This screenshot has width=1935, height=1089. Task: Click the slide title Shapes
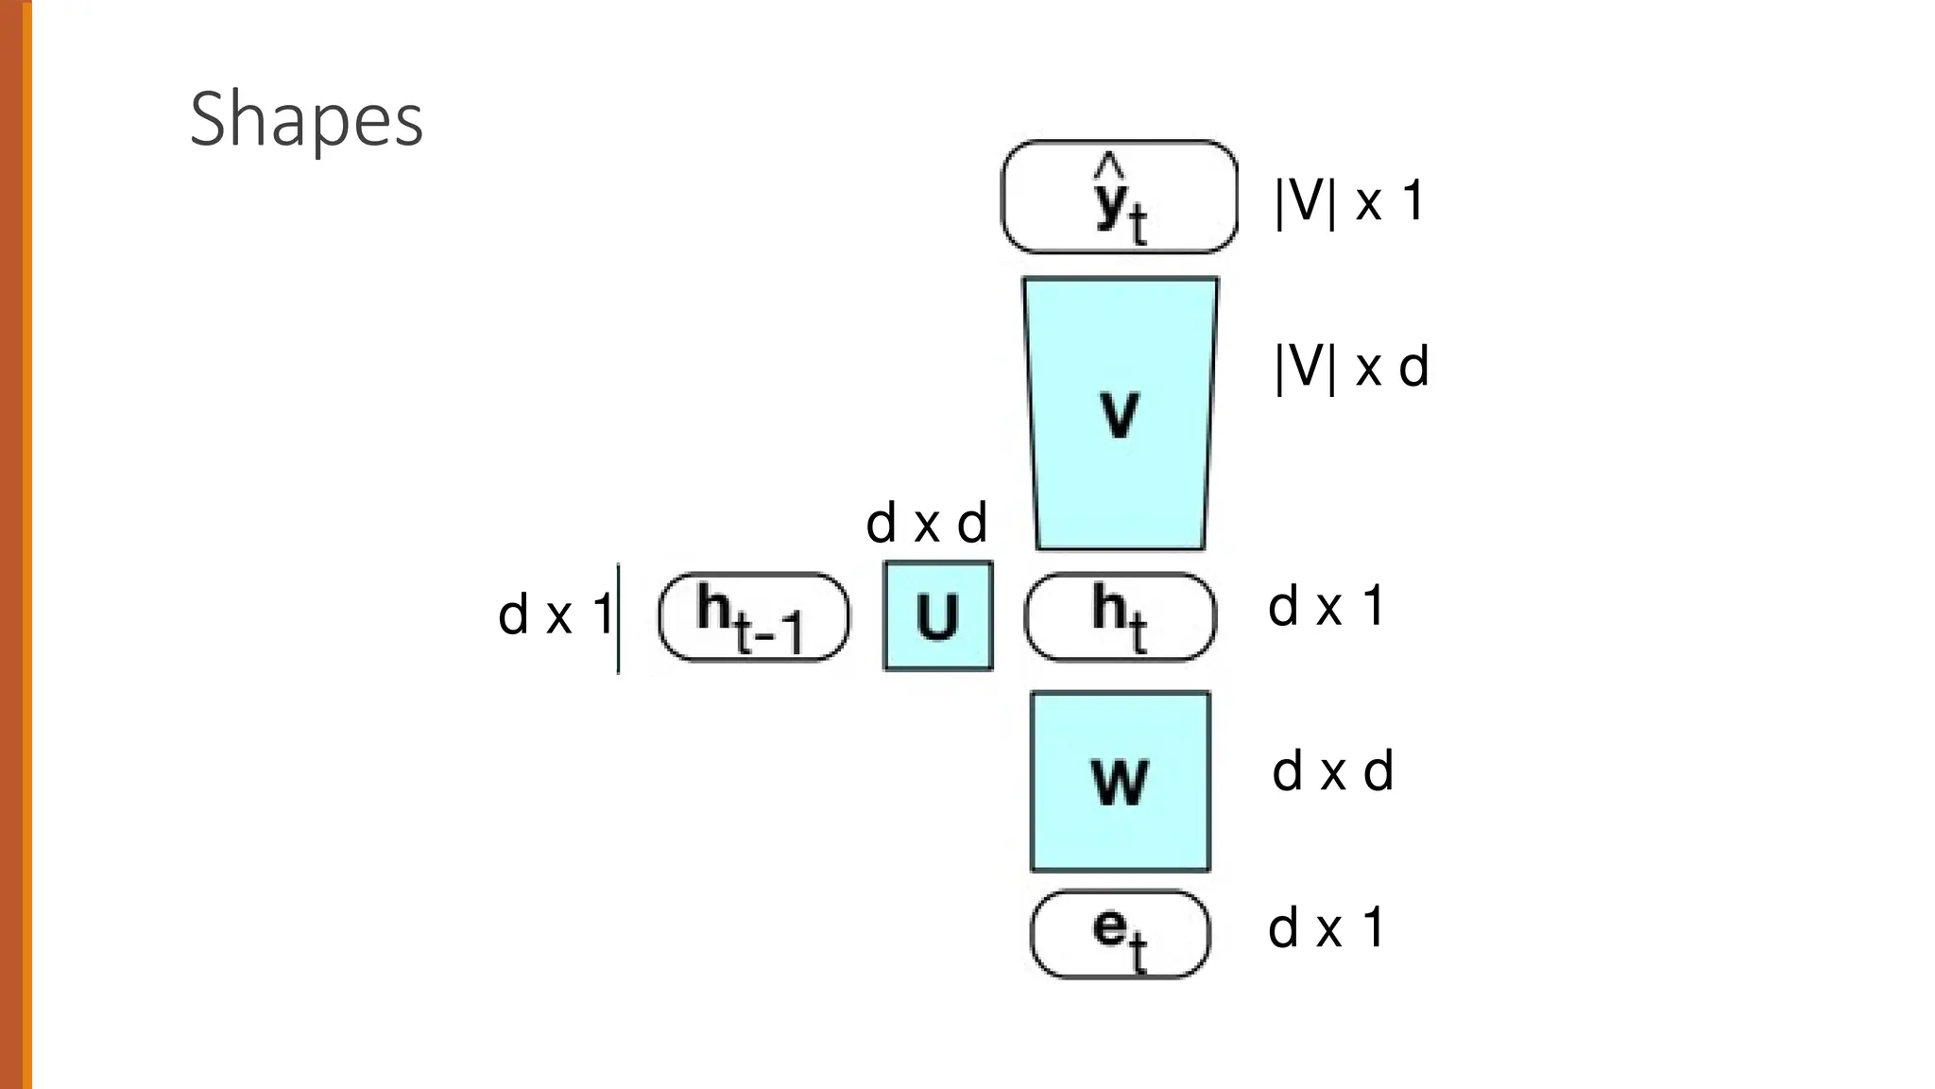pos(306,119)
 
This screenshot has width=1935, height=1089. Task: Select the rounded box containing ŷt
pos(1119,197)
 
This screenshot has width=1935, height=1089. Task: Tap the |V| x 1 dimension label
pos(1349,201)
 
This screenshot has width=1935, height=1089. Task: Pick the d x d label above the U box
pos(926,523)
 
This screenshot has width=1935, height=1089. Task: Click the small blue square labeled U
pos(938,616)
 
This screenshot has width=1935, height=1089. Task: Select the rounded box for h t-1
pos(754,617)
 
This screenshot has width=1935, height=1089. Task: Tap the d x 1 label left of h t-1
pos(555,615)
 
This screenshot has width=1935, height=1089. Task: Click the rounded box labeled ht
pos(1120,616)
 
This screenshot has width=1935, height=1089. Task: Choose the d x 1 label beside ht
pos(1326,606)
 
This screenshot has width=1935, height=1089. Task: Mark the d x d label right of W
pos(1332,771)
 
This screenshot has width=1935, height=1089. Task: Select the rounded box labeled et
pos(1120,934)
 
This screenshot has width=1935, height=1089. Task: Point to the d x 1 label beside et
pos(1326,927)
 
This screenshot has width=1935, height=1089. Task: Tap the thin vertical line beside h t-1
pos(619,618)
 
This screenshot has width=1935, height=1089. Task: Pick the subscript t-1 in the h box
pos(768,633)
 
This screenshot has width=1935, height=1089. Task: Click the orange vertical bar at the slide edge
pos(15,544)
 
